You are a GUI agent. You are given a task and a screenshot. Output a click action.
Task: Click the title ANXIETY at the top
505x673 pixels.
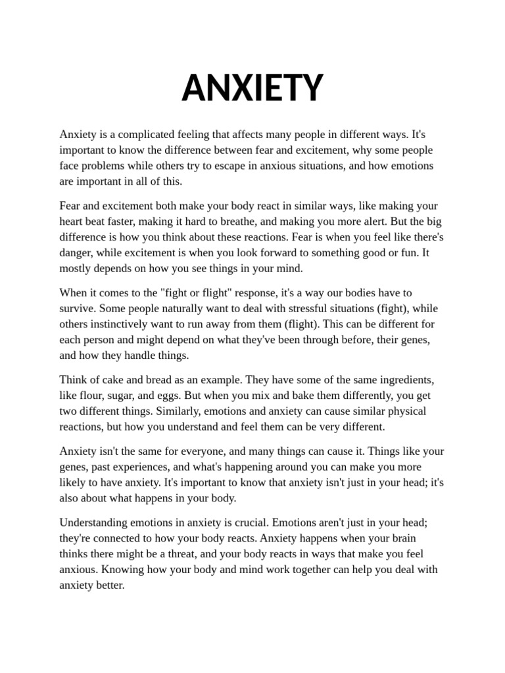tap(252, 87)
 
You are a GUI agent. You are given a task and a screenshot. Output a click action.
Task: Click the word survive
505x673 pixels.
tap(78, 309)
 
